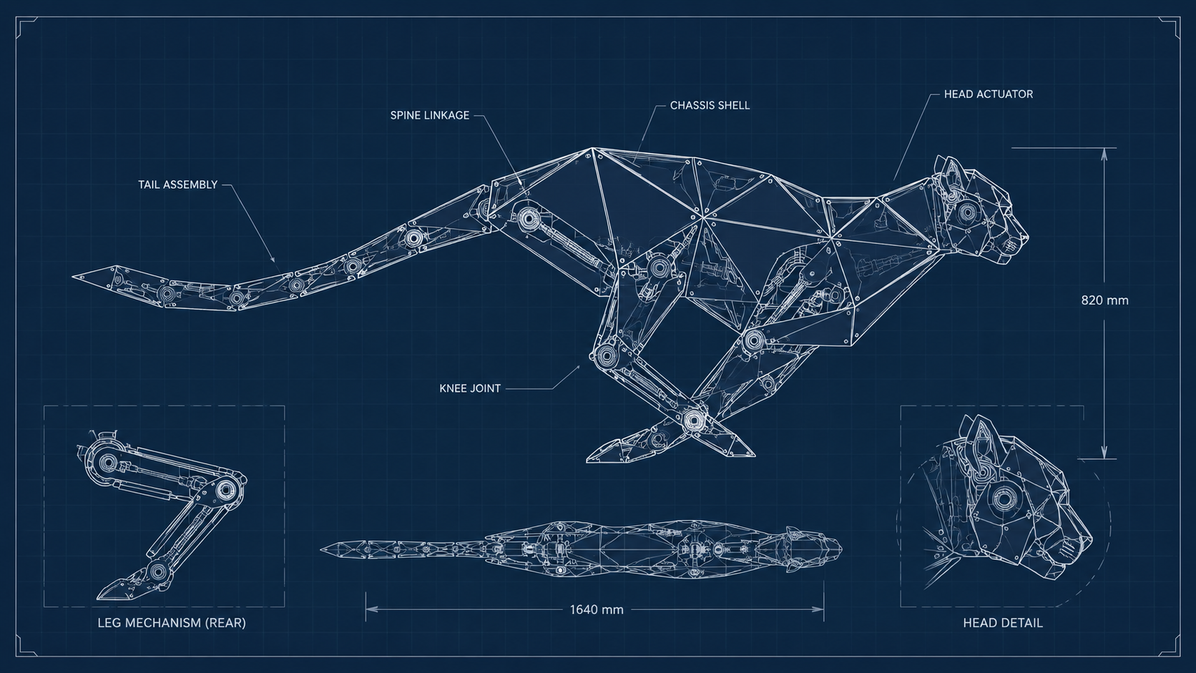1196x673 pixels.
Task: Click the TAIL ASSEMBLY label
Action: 178,185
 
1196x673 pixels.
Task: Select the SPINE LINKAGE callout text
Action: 430,115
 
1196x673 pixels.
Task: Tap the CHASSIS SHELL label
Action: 710,106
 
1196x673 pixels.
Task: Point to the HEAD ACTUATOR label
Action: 989,94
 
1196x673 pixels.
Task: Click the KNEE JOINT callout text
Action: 470,388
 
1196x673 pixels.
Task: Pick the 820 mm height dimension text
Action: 1104,300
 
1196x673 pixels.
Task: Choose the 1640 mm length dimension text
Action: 597,609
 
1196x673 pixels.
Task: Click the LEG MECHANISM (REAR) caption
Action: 172,623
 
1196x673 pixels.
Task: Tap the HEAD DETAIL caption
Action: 1003,623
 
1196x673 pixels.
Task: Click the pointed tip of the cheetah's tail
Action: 74,277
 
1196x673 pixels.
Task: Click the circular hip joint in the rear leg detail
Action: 107,462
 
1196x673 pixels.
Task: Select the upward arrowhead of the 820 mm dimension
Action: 1104,154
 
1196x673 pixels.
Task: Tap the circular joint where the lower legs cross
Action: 693,421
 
